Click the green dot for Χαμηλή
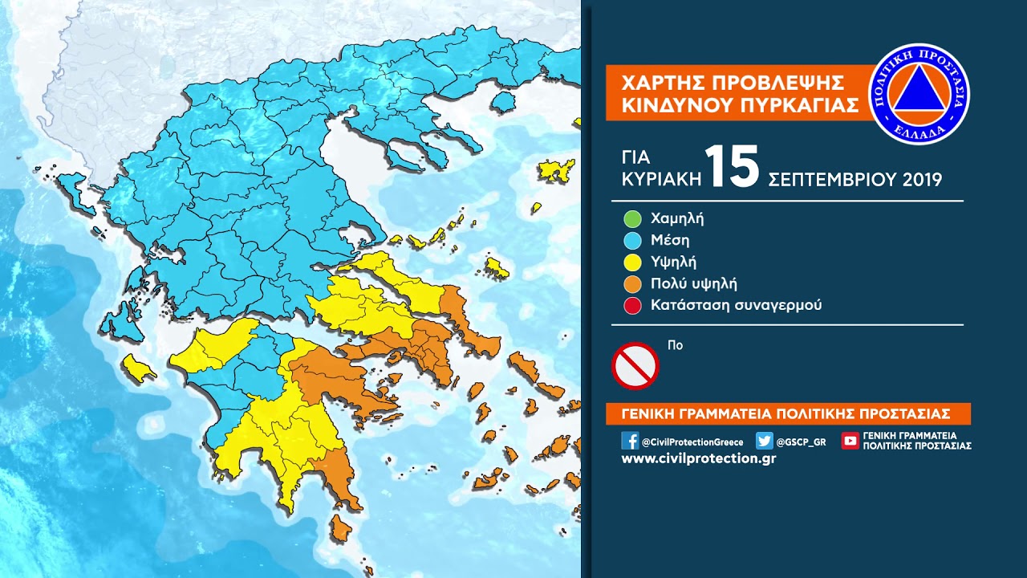pyautogui.click(x=632, y=218)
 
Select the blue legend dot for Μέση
pyautogui.click(x=632, y=240)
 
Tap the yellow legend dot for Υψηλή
pyautogui.click(x=632, y=262)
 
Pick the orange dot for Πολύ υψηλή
pyautogui.click(x=632, y=283)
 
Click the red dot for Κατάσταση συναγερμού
pyautogui.click(x=632, y=305)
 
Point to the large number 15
pyautogui.click(x=733, y=168)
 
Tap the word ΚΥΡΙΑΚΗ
pyautogui.click(x=662, y=178)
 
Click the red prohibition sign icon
pyautogui.click(x=635, y=366)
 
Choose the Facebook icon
pyautogui.click(x=630, y=441)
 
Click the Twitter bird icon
pyautogui.click(x=764, y=441)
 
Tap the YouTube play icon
pyautogui.click(x=850, y=441)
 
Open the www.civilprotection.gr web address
pyautogui.click(x=698, y=459)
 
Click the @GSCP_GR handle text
pyautogui.click(x=801, y=442)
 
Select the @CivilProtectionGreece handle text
pyautogui.click(x=692, y=442)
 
